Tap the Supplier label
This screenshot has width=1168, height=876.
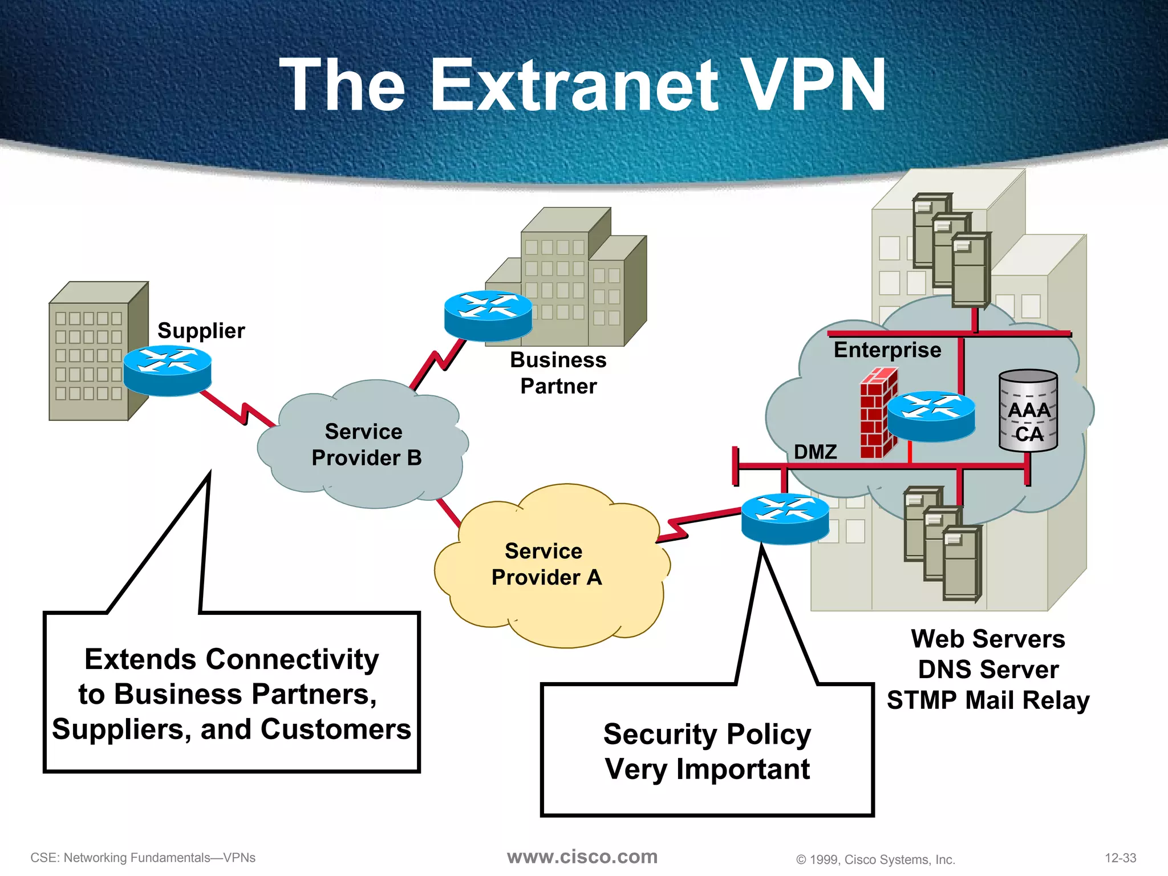click(x=201, y=331)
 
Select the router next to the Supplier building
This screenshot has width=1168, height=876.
click(x=167, y=370)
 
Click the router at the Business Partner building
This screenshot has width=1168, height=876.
click(x=488, y=314)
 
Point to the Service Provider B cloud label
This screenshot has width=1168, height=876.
click(x=365, y=445)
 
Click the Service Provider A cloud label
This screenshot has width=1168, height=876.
click(x=546, y=564)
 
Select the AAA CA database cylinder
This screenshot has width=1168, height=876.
click(x=1028, y=411)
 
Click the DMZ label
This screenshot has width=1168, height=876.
click(x=815, y=452)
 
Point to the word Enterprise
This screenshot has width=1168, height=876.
click(x=887, y=350)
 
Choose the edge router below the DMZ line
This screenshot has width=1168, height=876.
click(x=785, y=518)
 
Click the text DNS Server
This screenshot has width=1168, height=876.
click(x=988, y=670)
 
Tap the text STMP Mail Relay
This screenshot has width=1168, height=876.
click(x=988, y=700)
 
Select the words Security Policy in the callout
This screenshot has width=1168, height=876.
click(x=707, y=734)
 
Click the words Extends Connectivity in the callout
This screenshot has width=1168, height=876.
click(x=232, y=659)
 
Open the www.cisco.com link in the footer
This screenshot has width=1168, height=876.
click(x=582, y=857)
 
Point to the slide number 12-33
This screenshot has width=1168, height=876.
click(x=1120, y=858)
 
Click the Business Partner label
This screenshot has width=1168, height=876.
click(x=558, y=373)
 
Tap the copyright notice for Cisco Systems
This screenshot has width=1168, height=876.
click(x=875, y=859)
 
